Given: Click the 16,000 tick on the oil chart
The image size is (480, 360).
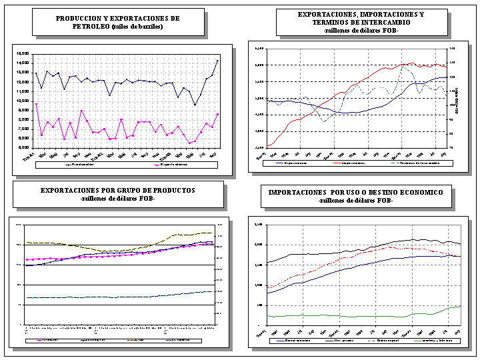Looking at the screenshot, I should point(23,53).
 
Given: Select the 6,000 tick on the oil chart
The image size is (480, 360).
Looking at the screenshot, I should point(23,147).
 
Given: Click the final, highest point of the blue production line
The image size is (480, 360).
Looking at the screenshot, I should point(217,61).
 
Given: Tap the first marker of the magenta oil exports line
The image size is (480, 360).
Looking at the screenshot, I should point(36,104).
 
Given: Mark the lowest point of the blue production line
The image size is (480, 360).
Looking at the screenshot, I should point(195,105).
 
